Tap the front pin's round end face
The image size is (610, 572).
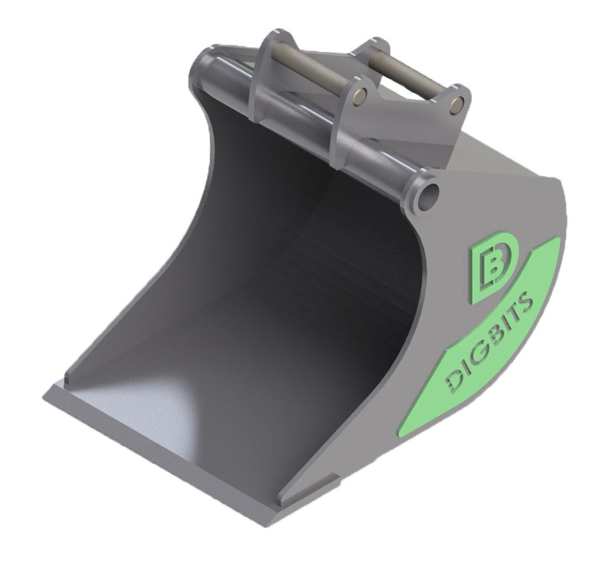tap(360, 94)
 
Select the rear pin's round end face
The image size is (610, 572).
tap(455, 104)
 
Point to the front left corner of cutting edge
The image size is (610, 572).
tap(46, 394)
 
